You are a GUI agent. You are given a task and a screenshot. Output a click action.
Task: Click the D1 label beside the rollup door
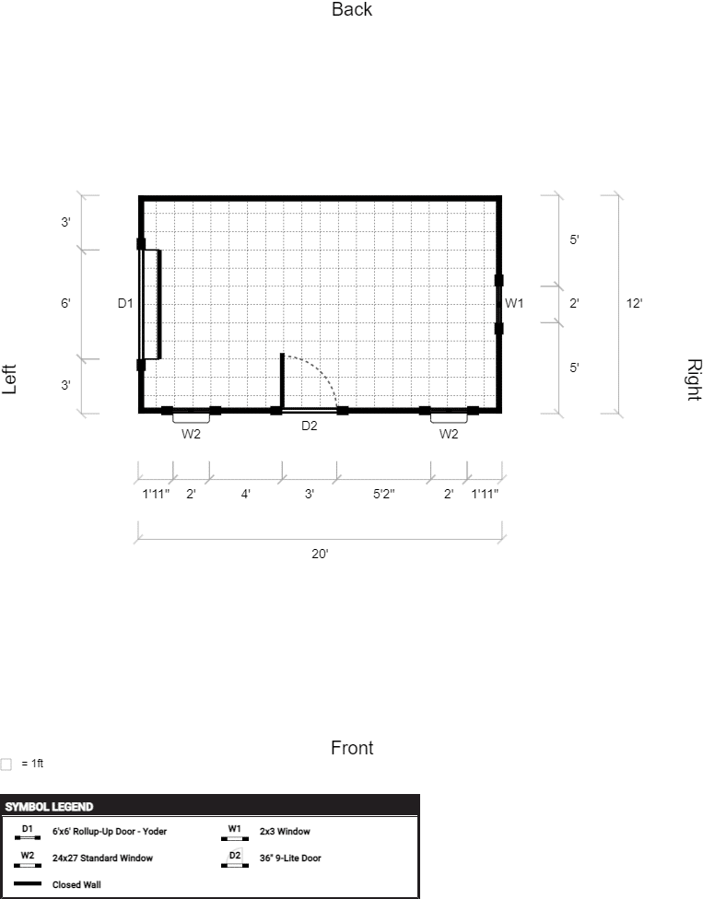coord(125,303)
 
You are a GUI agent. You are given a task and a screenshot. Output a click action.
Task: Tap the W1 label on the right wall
coord(514,303)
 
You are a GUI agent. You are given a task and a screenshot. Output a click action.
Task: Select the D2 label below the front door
coord(309,426)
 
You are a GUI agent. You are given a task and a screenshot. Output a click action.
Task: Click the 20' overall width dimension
coord(320,554)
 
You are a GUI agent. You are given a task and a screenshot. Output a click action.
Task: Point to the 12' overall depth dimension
coord(634,303)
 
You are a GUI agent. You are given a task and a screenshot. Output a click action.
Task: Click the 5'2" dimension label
coord(383,494)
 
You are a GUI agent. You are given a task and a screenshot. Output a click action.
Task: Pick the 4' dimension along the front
coord(245,494)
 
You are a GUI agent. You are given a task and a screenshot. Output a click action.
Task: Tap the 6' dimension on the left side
coord(66,303)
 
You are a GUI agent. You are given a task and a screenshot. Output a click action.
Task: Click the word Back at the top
coord(352,9)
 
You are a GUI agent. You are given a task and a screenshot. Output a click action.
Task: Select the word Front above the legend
coord(352,748)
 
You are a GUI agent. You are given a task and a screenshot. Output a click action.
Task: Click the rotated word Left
coord(9,379)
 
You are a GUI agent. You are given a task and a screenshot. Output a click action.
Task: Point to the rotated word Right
coord(694,379)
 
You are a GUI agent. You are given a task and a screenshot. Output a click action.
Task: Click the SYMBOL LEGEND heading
coord(49,807)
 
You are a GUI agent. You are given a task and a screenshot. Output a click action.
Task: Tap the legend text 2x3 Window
coord(285,832)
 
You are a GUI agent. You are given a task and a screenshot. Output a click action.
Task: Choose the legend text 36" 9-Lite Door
coord(290,858)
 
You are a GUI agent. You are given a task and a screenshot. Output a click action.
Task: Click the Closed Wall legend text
coord(76,884)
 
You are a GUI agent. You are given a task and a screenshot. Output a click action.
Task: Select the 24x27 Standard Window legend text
coord(102,858)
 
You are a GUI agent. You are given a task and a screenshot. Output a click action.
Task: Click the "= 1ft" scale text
coord(32,763)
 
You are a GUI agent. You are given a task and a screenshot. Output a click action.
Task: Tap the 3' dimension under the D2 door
coord(309,494)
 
